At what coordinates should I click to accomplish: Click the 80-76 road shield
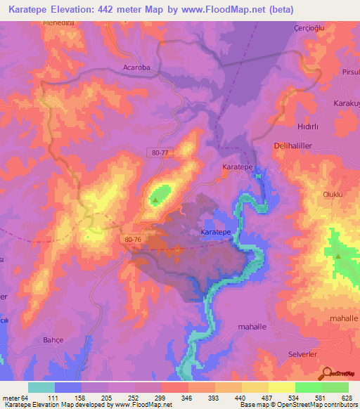pos(132,239)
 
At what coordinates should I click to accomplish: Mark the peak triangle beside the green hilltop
pos(155,200)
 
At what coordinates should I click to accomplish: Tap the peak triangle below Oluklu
pos(338,256)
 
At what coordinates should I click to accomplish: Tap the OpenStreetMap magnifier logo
pos(327,372)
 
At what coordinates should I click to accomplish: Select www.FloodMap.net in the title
pos(223,10)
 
